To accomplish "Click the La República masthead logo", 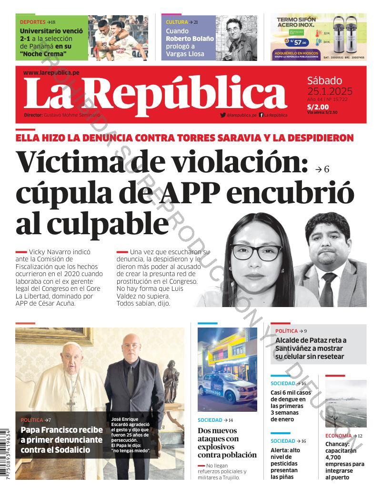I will click(x=155, y=93).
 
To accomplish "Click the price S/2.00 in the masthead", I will click(x=318, y=107).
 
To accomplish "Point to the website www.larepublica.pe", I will click(x=51, y=72).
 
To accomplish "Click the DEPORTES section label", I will click(x=32, y=22).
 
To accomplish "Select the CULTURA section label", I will click(x=177, y=22).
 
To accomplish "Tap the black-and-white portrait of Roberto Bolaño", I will click(x=236, y=38).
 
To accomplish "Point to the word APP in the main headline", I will click(x=191, y=192).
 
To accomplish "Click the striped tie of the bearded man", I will click(x=328, y=290).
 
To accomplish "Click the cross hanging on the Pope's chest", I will click(x=71, y=404).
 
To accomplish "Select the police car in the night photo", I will click(x=227, y=388).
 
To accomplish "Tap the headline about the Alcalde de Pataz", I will click(x=311, y=348).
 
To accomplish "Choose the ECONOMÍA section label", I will click(x=338, y=436).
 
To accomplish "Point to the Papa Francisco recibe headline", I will click(x=61, y=439).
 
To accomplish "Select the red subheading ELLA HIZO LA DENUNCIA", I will click(x=184, y=138).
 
